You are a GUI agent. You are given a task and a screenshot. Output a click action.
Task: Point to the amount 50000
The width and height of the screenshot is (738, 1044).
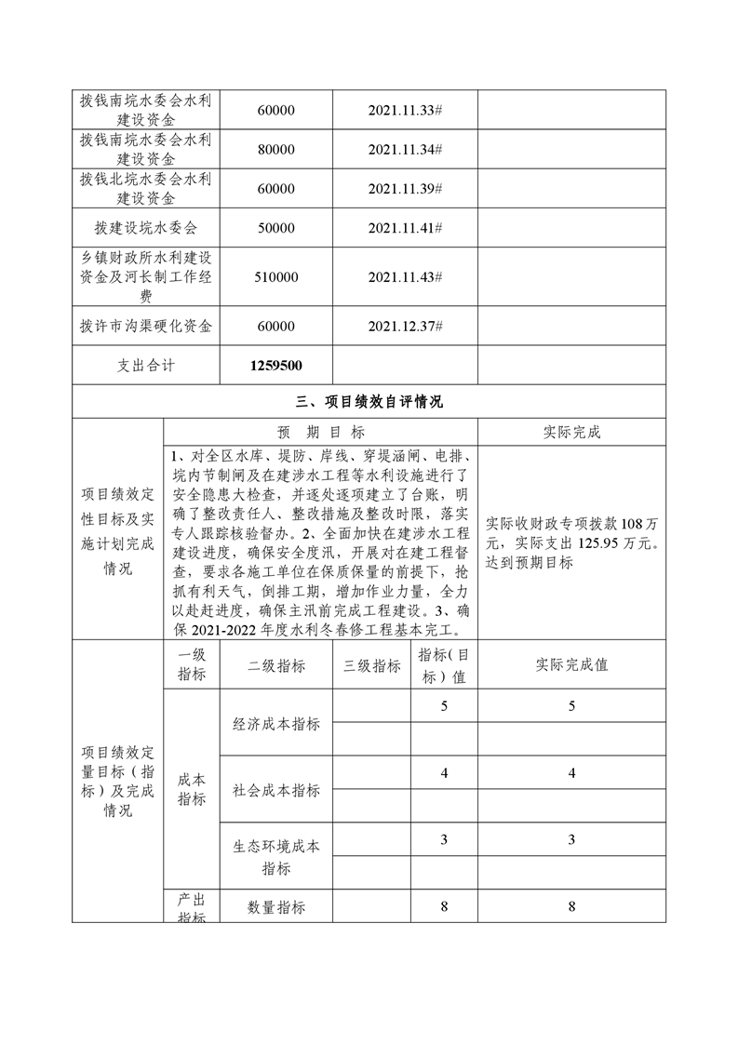(x=275, y=228)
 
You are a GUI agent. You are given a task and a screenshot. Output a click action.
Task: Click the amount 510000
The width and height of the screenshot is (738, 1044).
(x=275, y=277)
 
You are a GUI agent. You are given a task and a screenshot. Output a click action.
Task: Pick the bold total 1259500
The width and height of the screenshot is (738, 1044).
(x=275, y=367)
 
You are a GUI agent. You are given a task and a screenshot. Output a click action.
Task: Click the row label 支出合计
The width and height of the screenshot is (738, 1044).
(x=146, y=367)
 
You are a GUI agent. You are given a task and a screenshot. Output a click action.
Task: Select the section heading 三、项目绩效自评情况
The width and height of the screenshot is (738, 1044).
(x=369, y=403)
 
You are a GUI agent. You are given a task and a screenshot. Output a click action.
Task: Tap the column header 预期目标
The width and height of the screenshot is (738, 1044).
(x=321, y=432)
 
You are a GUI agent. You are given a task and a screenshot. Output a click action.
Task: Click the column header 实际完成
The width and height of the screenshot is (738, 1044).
(x=571, y=432)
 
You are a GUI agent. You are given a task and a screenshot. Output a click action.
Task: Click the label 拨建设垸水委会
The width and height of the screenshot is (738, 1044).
(x=146, y=228)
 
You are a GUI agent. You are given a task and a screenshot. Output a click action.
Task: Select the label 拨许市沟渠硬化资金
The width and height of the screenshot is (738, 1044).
(x=146, y=327)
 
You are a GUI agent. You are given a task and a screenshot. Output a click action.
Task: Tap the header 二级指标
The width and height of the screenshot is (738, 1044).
(x=275, y=666)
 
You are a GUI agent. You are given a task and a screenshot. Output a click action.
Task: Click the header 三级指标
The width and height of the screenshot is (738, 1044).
(x=372, y=666)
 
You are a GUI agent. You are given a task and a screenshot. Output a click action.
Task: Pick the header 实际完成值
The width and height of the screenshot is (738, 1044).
(x=571, y=666)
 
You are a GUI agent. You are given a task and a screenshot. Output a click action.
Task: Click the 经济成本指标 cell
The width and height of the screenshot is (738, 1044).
(x=275, y=723)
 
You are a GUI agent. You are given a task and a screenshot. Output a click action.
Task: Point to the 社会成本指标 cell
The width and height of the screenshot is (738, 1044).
(x=275, y=790)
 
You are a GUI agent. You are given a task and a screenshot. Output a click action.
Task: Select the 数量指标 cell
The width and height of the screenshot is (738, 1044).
(x=275, y=907)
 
